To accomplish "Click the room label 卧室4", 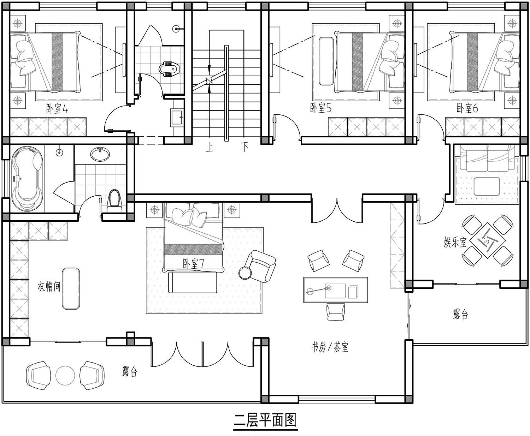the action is (57, 108).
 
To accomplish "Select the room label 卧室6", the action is (467, 108).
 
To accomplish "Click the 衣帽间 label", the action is (49, 286).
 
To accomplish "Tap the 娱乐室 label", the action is (455, 243).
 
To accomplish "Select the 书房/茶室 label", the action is (330, 348).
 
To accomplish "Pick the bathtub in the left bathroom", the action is (27, 179).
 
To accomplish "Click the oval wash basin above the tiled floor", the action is (100, 154).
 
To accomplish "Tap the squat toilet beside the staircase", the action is (169, 69).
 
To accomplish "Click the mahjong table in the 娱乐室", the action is (488, 240).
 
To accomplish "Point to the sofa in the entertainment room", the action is (487, 158).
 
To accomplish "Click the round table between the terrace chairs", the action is (65, 376).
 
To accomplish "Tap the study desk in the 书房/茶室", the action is (336, 290).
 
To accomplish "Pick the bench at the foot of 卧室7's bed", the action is (193, 282).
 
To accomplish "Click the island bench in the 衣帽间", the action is (71, 289).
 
